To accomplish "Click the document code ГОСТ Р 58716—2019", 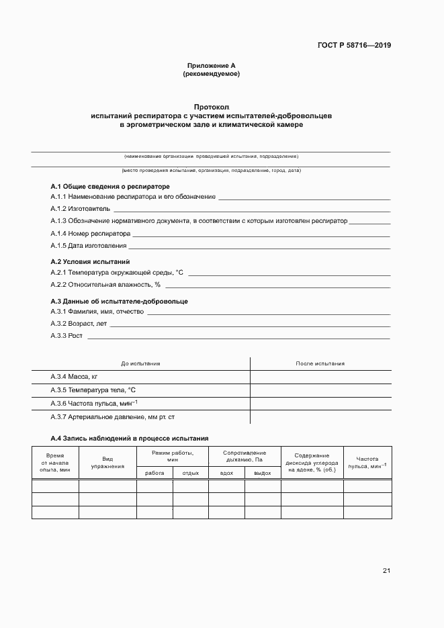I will click(x=354, y=46).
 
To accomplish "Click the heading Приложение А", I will click(x=211, y=66).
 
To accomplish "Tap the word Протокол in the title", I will click(x=212, y=107).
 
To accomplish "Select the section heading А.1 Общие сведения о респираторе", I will click(x=110, y=186).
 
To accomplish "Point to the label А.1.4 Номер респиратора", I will click(x=90, y=233).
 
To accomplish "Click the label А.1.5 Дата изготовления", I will click(x=88, y=246).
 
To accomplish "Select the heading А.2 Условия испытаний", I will click(x=91, y=261).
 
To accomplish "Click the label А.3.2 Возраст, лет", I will click(x=79, y=323).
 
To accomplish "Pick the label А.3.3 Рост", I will click(x=66, y=335).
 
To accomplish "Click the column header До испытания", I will click(x=140, y=363).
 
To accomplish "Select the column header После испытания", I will click(x=320, y=363).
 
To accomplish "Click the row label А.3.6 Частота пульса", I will click(x=94, y=403).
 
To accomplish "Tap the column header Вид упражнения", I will click(x=107, y=461).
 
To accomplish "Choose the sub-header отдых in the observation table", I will click(x=190, y=473).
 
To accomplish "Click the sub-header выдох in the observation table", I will click(x=262, y=473).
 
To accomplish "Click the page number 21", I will click(x=386, y=571).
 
